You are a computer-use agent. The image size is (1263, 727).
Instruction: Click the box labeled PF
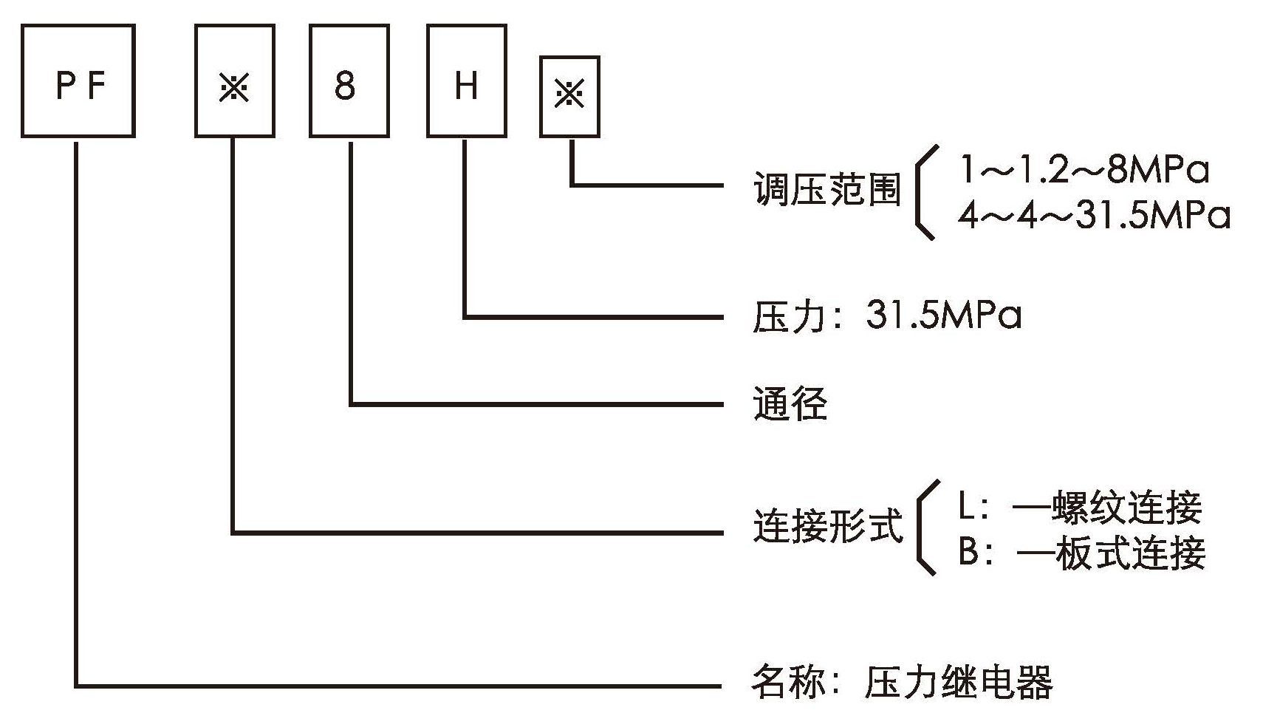[x=78, y=81]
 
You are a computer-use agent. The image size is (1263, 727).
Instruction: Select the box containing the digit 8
[x=349, y=81]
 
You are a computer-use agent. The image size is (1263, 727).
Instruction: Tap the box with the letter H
[x=466, y=81]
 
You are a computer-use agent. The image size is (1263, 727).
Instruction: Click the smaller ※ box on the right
[x=569, y=97]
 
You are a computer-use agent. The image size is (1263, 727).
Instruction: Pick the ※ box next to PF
[x=235, y=81]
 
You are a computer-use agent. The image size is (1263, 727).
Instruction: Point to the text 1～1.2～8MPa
[x=1084, y=171]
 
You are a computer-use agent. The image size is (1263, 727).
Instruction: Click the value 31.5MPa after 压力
[x=944, y=316]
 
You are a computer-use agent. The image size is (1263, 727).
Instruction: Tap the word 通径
[x=790, y=404]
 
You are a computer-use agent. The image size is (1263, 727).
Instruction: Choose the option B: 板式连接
[x=1081, y=553]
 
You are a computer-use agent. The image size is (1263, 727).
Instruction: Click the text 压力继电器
[x=959, y=683]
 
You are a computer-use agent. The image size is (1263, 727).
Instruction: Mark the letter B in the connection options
[x=968, y=553]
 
